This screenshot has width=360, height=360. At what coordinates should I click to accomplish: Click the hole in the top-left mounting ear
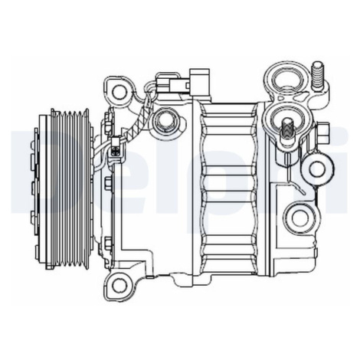(119, 91)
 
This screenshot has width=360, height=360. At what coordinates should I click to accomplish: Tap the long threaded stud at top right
(318, 76)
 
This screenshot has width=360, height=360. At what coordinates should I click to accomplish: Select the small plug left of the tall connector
(171, 83)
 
